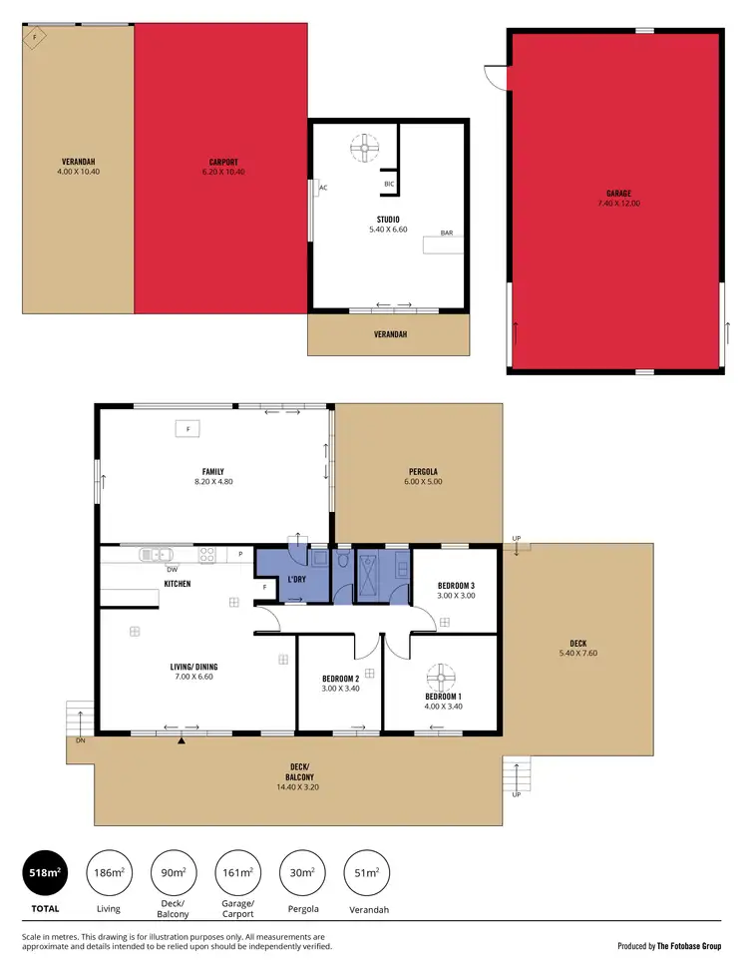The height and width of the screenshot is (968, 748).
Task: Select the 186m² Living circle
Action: click(x=110, y=872)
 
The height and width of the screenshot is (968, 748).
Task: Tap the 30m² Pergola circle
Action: click(x=302, y=872)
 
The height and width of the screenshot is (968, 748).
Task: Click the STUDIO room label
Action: click(x=388, y=219)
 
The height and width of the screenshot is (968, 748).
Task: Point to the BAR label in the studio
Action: click(x=446, y=233)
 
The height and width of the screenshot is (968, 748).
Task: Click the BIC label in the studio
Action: click(x=388, y=184)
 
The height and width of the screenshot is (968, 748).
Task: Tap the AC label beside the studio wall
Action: click(x=323, y=188)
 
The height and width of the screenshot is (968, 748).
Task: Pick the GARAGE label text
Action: click(x=618, y=194)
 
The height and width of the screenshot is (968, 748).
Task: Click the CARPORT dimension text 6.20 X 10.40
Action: click(x=223, y=172)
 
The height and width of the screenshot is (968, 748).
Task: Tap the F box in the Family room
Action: click(x=185, y=429)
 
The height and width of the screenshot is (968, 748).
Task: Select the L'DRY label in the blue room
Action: click(x=296, y=580)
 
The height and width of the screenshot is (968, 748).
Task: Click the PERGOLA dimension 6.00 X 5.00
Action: click(x=423, y=481)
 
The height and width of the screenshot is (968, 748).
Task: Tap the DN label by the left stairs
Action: click(x=80, y=741)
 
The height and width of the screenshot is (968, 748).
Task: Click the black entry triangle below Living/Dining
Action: click(x=181, y=741)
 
